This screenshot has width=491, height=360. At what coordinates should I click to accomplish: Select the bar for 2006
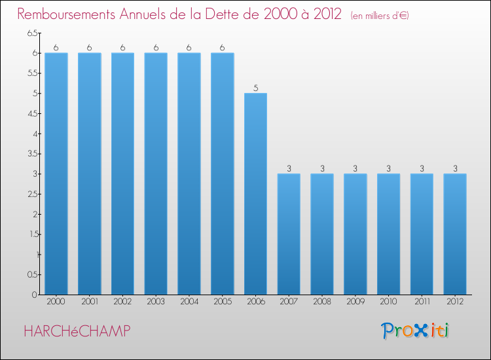tap(255, 194)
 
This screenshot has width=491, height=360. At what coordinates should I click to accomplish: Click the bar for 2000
tap(56, 173)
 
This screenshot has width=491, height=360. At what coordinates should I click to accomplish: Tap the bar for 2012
tap(455, 234)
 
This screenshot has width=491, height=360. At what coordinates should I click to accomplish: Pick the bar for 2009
tap(355, 234)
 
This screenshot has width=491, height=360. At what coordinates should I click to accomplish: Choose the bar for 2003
tap(156, 173)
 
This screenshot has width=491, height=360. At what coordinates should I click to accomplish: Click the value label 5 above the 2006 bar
tap(255, 88)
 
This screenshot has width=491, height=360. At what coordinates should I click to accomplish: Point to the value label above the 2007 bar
tap(289, 168)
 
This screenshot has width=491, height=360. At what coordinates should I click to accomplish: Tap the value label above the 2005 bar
tap(222, 48)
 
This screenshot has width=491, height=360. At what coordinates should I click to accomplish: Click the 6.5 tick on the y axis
tap(32, 33)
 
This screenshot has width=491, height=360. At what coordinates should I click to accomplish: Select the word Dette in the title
tap(223, 14)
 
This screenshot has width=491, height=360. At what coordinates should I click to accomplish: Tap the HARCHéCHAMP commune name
tap(77, 331)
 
